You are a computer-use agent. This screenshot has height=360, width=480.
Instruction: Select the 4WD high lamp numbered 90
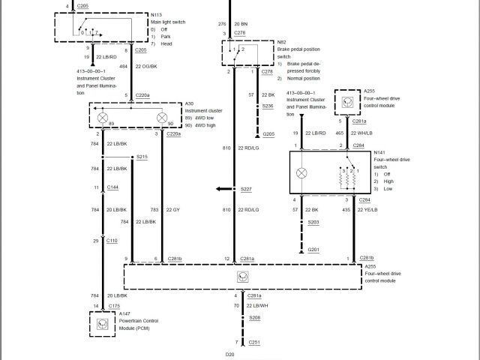coord(160,117)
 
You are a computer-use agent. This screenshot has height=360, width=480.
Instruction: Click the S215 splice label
coord(142,157)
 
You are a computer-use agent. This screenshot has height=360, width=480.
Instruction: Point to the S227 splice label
coord(246,189)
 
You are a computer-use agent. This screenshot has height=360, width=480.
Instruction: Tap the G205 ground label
coord(268,133)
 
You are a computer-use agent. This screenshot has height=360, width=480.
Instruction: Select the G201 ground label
coord(313,249)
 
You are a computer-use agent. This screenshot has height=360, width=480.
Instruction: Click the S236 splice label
coord(268,106)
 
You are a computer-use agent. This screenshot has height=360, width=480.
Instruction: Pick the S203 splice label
coord(313,222)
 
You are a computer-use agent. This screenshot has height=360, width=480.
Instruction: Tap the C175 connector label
coord(114,306)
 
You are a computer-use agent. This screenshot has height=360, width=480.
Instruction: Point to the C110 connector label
coord(112,241)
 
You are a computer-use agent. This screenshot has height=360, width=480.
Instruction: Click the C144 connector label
coord(112,187)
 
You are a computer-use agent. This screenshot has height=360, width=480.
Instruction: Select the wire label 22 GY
coord(172,209)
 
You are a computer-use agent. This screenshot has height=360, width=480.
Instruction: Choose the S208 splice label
coord(254,319)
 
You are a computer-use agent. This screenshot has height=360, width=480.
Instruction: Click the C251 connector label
coord(254,342)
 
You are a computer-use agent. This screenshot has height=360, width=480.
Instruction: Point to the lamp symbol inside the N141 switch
coord(303,172)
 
